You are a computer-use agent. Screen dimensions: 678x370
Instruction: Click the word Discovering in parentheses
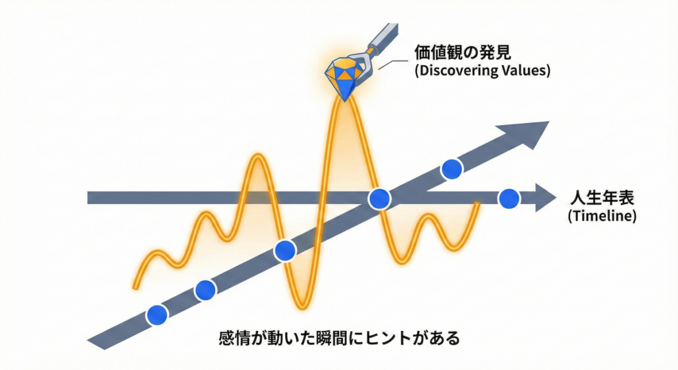pyautogui.click(x=456, y=70)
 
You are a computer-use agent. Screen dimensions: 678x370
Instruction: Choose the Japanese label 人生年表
pyautogui.click(x=602, y=198)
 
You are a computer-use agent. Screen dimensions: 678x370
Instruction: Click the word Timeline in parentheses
pyautogui.click(x=602, y=216)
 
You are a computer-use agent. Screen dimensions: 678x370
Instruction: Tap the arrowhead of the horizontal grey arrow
pyautogui.click(x=546, y=198)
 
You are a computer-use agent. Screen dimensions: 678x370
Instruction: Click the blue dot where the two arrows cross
pyautogui.click(x=379, y=199)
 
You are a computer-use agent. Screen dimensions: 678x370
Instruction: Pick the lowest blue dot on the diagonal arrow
pyautogui.click(x=157, y=314)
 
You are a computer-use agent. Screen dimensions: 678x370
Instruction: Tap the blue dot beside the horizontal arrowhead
pyautogui.click(x=508, y=199)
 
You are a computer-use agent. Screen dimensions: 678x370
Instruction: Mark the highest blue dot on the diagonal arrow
pyautogui.click(x=452, y=169)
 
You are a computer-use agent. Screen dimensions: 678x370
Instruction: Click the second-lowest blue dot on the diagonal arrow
pyautogui.click(x=205, y=290)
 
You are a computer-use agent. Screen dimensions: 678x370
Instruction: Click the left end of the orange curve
pyautogui.click(x=135, y=287)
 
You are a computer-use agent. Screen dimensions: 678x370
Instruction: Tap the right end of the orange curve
pyautogui.click(x=477, y=203)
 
